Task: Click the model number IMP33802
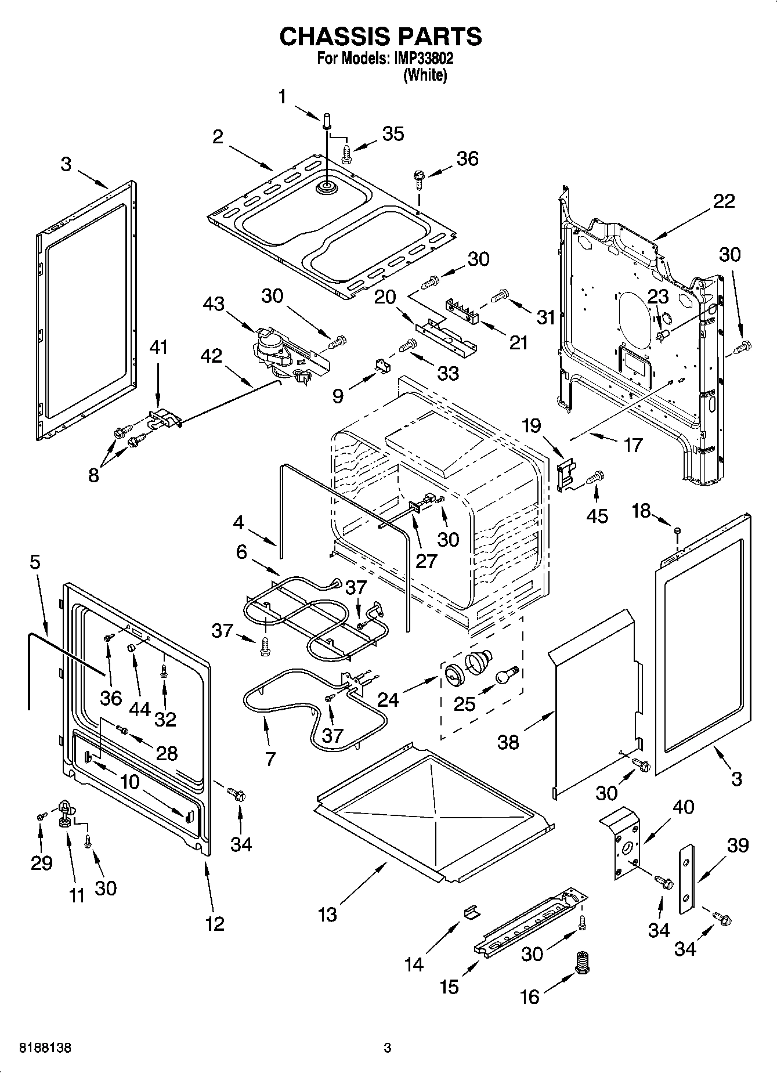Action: point(422,59)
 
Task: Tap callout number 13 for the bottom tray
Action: point(327,915)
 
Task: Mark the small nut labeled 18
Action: point(677,530)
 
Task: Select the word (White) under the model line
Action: point(425,75)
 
